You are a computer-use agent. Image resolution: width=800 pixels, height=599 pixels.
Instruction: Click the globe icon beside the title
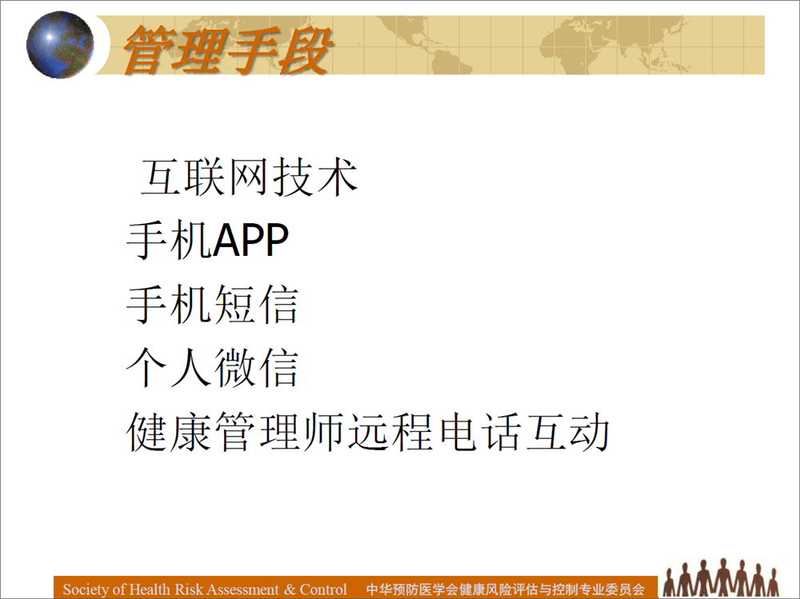point(60,45)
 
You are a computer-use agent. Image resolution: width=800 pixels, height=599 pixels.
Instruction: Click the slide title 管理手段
point(227,50)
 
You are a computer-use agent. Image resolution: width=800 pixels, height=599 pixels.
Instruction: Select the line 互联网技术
point(249,177)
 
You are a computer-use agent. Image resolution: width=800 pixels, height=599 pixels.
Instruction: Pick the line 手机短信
point(212,305)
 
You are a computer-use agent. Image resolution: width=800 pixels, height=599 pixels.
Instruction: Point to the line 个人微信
point(212,368)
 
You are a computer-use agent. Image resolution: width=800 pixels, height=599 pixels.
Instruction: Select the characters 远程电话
point(434,432)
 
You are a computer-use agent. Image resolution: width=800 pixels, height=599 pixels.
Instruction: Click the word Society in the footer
point(86,589)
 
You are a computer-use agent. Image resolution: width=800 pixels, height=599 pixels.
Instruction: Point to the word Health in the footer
point(150,589)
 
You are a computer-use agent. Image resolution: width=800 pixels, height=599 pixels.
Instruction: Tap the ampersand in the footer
point(290,590)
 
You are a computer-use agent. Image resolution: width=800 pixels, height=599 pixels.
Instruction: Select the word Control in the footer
point(323,589)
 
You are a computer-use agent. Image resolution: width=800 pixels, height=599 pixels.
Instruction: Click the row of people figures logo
point(721,577)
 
